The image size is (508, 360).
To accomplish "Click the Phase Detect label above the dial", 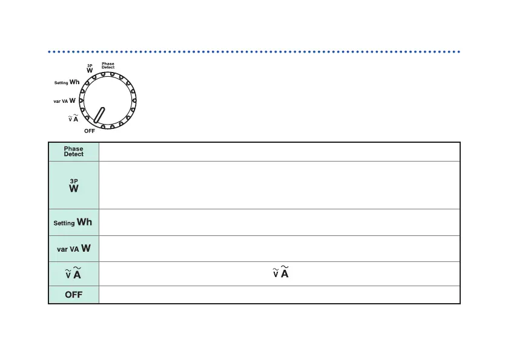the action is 108,65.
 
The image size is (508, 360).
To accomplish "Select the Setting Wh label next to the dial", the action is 67,82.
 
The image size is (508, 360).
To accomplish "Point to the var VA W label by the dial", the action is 64,101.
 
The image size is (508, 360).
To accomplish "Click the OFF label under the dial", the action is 90,131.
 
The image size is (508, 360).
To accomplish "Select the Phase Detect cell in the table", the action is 73,151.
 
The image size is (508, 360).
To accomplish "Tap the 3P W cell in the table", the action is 73,185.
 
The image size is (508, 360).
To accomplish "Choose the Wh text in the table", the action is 84,222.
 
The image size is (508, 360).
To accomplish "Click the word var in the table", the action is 54,249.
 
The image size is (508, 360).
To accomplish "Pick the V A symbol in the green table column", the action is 73,273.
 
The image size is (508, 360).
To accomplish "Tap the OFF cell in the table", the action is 73,295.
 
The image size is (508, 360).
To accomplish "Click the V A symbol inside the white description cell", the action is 280,273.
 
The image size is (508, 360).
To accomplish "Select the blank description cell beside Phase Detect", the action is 279,151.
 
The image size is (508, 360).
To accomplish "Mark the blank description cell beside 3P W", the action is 279,185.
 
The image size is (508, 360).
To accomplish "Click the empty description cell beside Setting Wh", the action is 279,222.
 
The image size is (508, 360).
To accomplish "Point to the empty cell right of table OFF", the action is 279,295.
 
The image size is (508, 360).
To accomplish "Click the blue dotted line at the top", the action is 254,52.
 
